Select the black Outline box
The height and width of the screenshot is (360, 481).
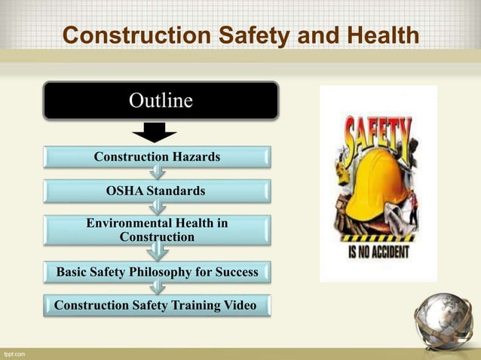click(x=161, y=101)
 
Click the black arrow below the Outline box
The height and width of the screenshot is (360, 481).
click(x=155, y=133)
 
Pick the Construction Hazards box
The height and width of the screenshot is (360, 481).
click(x=157, y=157)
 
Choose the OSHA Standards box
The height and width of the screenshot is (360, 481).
click(x=157, y=191)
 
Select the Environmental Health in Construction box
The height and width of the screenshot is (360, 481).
click(x=157, y=230)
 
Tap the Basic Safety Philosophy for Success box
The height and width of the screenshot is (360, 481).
click(x=157, y=271)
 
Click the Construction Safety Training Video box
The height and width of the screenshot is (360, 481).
click(x=157, y=305)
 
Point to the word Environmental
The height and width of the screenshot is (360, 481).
click(x=129, y=224)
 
